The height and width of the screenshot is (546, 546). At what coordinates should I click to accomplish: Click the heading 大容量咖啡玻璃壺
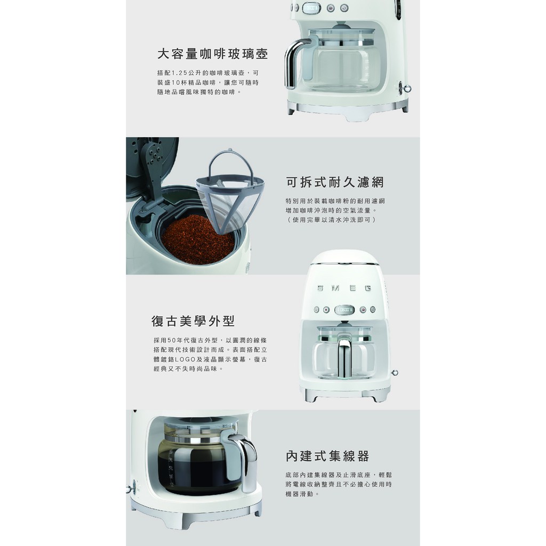pos(212,54)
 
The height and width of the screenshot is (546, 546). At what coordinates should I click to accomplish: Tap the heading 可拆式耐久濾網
pos(335,182)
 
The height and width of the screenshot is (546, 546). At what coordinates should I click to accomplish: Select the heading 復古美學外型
pos(193,321)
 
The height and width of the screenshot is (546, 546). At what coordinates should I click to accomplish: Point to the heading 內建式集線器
pos(327,456)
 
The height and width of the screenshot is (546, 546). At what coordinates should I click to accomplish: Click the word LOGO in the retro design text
pos(186,359)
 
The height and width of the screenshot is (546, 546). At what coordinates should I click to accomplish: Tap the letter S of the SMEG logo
pos(320,288)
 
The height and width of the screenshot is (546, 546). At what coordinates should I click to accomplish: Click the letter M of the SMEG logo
pos(335,288)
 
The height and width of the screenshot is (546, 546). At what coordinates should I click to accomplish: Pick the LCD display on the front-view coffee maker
pos(344,309)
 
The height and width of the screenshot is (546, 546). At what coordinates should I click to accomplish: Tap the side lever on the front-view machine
pos(395,373)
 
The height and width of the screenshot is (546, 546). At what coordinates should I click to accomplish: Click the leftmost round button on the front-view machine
pos(317,309)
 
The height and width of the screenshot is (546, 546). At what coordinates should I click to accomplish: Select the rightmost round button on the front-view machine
pos(373,309)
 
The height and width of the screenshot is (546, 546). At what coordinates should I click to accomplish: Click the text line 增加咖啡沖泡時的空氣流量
pos(331,210)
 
